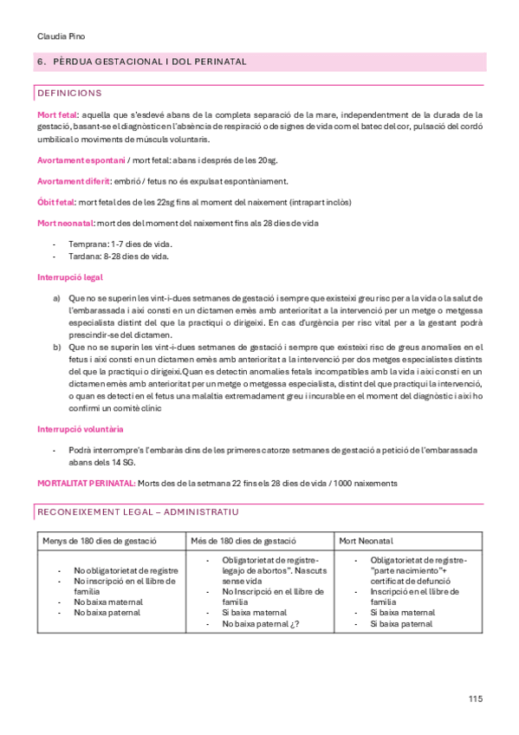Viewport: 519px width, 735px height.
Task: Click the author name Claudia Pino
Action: (61, 36)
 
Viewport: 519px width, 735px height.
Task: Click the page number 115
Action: (476, 699)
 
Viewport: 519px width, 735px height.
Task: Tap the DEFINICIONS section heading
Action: (70, 93)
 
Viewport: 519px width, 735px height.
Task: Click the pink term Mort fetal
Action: (57, 114)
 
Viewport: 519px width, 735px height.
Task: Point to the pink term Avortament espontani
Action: (81, 160)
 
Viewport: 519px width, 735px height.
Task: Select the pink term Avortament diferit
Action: (74, 181)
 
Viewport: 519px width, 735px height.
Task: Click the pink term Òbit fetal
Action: (57, 202)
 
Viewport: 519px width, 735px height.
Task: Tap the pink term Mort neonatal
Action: (65, 223)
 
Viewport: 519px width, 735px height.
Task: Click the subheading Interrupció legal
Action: (70, 278)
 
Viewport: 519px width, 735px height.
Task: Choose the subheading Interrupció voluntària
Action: (80, 429)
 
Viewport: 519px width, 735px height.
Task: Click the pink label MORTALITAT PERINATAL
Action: (86, 483)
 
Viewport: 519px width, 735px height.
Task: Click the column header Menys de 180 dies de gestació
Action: (100, 541)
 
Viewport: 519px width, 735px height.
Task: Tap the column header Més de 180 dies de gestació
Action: (244, 541)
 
